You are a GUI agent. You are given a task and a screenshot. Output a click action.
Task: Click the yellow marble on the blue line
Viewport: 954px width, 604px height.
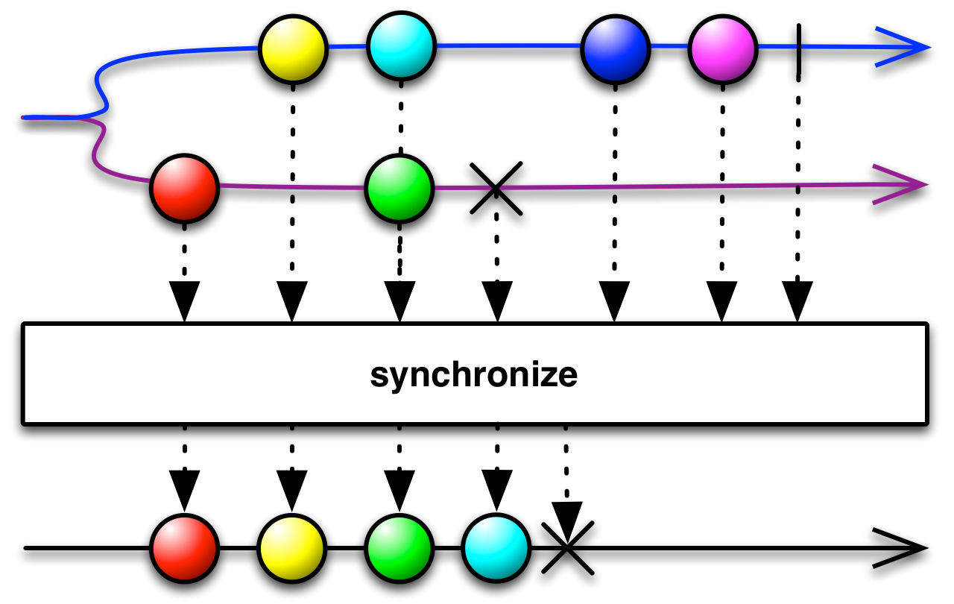point(293,49)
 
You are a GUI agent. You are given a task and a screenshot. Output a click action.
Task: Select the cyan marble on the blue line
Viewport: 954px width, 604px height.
point(401,46)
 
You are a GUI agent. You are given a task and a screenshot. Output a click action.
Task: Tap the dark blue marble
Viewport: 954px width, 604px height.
point(615,50)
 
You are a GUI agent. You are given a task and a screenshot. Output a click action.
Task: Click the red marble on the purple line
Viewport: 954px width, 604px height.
point(184,188)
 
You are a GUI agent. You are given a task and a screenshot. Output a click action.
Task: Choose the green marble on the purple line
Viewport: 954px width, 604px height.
point(399,189)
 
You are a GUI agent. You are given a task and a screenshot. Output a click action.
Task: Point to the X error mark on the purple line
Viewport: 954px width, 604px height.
point(496,192)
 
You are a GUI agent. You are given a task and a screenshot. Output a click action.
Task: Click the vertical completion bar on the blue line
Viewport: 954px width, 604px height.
point(798,48)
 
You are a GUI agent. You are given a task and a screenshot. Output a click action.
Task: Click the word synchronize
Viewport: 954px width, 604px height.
point(473,375)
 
